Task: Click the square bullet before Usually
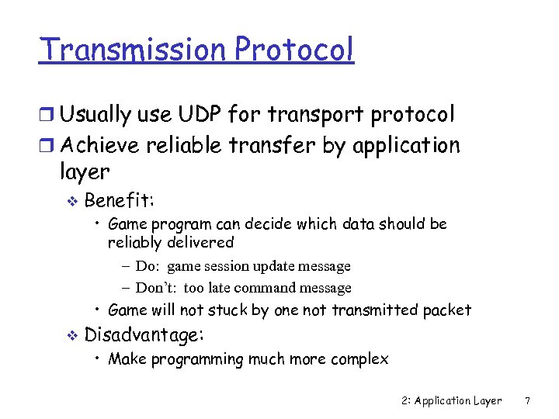[47, 116]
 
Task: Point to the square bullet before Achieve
[47, 146]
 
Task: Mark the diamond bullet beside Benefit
[72, 201]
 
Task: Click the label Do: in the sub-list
[148, 266]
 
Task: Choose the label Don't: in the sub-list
[158, 288]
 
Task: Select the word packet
[447, 310]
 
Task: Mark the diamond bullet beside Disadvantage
[72, 336]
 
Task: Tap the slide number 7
[528, 401]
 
